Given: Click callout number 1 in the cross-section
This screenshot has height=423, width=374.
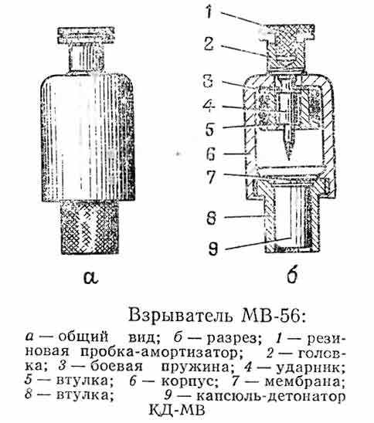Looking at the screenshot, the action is pos(209,12).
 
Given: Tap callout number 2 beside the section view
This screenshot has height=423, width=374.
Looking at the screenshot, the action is pos(209,44).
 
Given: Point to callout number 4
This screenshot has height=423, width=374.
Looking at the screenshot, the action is pos(209,106).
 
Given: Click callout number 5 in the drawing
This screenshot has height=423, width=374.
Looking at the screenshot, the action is pos(210,129).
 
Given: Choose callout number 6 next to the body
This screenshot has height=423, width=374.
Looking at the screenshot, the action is pos(211,154).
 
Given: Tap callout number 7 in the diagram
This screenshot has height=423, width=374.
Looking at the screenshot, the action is pos(211,177).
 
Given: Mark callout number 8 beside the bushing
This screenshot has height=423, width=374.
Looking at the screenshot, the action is pos(212,218).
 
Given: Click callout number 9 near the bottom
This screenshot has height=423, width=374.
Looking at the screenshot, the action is pos(212,249).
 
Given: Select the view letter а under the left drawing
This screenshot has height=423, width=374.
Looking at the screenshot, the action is pos(90,278).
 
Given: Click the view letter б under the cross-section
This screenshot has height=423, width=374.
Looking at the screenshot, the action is pos(292,275).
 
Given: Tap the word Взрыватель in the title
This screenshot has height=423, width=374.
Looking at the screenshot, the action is pos(180,316).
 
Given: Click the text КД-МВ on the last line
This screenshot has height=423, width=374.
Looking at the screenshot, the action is pos(177,411).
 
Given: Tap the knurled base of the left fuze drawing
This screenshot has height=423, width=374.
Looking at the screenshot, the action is pos(90,227).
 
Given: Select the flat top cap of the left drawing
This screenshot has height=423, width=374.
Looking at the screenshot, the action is pos(87,36).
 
